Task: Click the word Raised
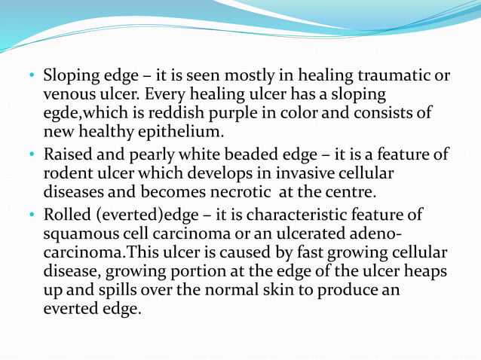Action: [68, 155]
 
